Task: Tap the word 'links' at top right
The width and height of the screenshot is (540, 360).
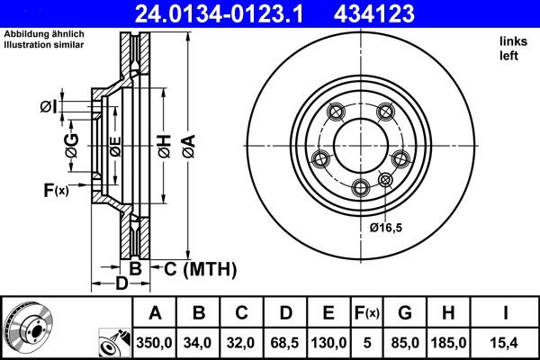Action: click(x=512, y=41)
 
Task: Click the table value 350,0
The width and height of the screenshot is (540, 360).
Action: click(x=155, y=342)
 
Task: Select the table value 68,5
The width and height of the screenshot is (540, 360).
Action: click(x=285, y=342)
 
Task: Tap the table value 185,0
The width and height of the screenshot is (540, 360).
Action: click(x=450, y=342)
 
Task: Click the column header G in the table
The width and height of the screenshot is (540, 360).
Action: click(x=406, y=312)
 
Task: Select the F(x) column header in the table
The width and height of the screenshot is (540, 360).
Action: click(x=366, y=312)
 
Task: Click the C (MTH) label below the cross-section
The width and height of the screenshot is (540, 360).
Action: click(x=194, y=268)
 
